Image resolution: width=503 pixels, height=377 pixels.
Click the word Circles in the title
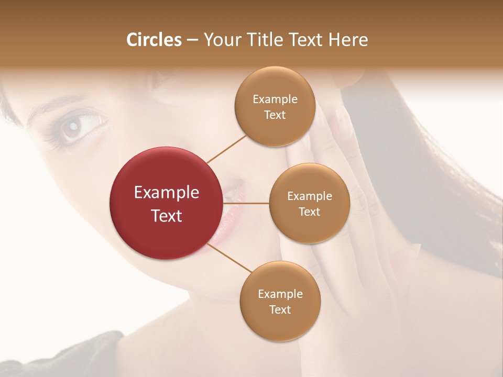click(x=154, y=40)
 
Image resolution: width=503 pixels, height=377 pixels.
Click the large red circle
click(x=166, y=203)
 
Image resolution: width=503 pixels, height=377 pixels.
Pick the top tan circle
click(x=275, y=107)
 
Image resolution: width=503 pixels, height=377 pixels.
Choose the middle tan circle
click(x=309, y=203)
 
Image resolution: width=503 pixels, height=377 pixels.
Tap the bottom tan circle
click(x=280, y=301)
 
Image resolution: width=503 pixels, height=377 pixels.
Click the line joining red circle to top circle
click(x=226, y=149)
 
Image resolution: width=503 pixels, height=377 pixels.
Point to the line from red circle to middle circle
click(x=246, y=203)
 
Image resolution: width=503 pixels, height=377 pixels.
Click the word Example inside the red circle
click(x=166, y=193)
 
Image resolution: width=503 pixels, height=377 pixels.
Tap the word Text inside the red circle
click(x=166, y=216)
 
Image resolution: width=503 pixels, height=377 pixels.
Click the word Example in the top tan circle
click(x=275, y=99)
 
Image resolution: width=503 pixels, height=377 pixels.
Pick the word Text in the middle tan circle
click(x=309, y=212)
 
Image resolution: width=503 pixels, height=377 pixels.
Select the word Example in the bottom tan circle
click(x=280, y=294)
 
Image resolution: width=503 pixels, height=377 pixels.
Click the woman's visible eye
click(x=73, y=127)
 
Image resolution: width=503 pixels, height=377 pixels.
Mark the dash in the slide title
click(x=192, y=40)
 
